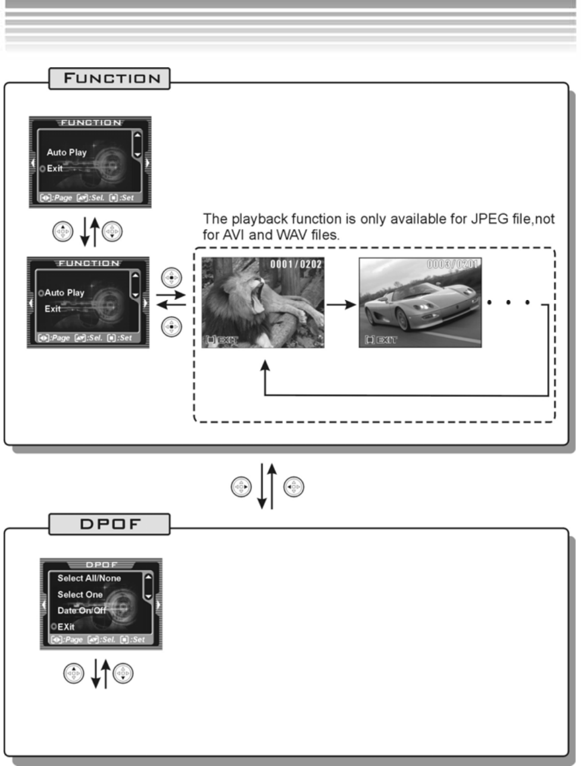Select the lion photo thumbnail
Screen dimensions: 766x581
pos(263,302)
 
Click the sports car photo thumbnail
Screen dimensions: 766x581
pos(420,302)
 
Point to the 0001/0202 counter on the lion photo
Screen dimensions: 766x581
pos(296,264)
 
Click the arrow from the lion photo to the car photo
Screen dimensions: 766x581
pos(341,305)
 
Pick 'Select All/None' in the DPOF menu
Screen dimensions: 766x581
pos(89,578)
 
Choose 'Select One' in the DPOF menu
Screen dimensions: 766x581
pos(80,594)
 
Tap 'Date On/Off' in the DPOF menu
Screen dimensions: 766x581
pos(82,610)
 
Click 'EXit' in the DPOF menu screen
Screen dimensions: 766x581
pos(65,626)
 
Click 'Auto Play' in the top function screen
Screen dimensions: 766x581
pos(67,152)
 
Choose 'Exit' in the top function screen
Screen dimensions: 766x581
pos(55,168)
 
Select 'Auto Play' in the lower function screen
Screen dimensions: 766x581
pos(64,293)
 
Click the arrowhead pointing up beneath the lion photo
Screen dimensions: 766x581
pos(265,364)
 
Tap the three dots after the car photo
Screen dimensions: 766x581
pos(508,302)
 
